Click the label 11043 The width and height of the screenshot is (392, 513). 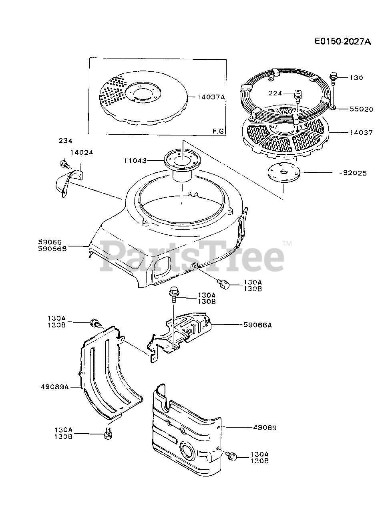135,161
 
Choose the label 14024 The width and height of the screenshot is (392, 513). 82,152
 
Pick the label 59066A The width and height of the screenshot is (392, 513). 257,325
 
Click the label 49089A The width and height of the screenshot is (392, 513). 55,387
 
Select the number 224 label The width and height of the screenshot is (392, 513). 276,93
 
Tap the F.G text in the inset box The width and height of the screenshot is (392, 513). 218,131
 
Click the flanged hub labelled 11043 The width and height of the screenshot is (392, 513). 182,161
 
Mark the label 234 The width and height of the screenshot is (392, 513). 65,140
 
